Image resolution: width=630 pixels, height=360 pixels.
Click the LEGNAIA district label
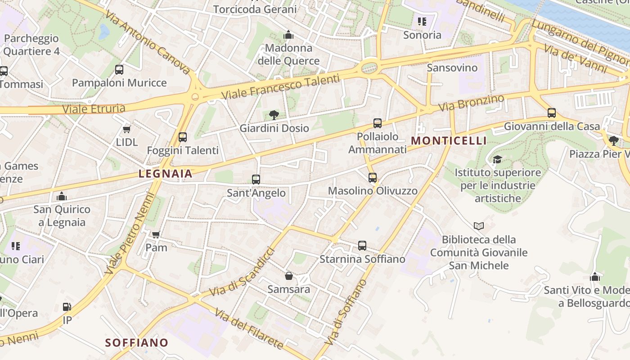(x=165, y=174)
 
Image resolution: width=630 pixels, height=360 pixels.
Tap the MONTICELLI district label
(x=449, y=140)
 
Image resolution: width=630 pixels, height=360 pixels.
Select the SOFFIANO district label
(x=137, y=342)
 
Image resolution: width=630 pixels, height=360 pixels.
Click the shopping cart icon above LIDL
(x=127, y=129)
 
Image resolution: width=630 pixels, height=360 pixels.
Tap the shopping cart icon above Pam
(x=156, y=234)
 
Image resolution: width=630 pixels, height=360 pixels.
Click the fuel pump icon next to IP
(x=67, y=307)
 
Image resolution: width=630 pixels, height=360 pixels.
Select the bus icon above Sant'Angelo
(x=256, y=179)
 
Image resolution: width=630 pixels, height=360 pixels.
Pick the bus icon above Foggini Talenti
(x=182, y=137)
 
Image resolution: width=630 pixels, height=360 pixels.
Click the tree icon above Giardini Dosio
(x=274, y=115)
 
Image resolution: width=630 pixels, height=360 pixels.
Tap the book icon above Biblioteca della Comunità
(x=479, y=226)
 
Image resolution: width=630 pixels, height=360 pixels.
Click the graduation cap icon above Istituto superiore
(x=497, y=159)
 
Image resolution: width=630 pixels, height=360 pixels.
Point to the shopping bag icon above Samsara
(x=289, y=275)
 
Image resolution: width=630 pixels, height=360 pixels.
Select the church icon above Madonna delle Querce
(x=288, y=35)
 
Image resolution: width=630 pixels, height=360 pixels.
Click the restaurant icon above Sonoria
(x=422, y=21)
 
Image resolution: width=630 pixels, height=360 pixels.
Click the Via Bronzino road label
(x=471, y=103)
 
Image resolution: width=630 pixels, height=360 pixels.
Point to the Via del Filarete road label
(x=249, y=328)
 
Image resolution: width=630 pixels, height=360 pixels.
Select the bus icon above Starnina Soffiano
(x=362, y=246)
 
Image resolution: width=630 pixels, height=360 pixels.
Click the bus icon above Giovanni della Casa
(x=552, y=112)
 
